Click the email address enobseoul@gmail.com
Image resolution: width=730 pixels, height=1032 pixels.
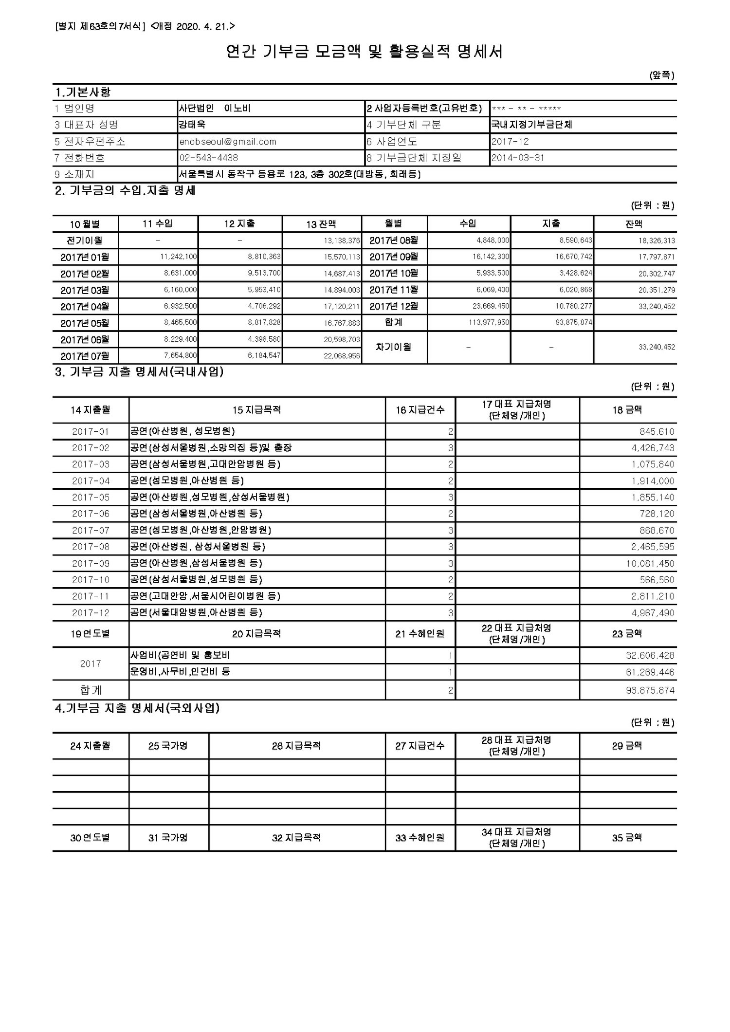pos(228,142)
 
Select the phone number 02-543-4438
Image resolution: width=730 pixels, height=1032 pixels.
pos(208,158)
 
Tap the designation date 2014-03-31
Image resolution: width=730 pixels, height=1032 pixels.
pos(518,158)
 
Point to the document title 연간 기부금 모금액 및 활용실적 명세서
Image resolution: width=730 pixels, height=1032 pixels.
pos(365,52)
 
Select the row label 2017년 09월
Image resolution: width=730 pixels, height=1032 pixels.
pos(394,257)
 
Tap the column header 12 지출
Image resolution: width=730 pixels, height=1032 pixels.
pos(239,224)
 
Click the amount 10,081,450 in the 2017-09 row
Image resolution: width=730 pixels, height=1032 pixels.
pos(652,563)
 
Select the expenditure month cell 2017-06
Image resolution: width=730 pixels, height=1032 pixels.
pos(91,514)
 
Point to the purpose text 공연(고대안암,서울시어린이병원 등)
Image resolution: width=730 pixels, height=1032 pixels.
pos(205,596)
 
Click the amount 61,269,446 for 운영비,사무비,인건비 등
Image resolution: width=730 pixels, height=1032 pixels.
pos(650,672)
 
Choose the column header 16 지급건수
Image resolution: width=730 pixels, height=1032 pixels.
pos(420,410)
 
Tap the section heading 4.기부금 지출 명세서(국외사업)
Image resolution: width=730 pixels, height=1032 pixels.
pos(137,709)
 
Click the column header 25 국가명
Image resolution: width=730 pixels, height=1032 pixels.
pos(168,746)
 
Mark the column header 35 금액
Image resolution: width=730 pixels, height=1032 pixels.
pos(627,838)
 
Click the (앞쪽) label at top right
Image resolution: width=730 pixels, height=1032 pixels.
pos(662,75)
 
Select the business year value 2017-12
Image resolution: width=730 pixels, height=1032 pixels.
pos(510,142)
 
